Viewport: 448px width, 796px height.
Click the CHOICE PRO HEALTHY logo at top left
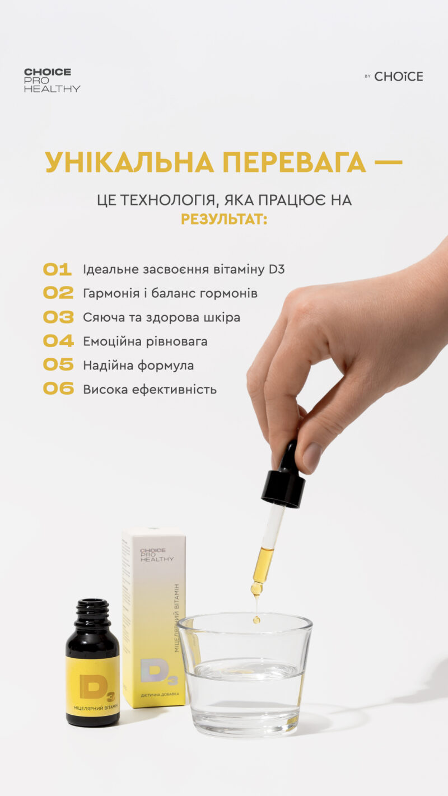(52, 80)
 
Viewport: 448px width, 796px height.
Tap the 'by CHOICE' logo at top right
(394, 76)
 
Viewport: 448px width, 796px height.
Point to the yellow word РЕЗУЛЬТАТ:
(224, 219)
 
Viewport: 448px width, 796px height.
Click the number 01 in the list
(58, 269)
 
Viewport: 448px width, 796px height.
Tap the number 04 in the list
(58, 340)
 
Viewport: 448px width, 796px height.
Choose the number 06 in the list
(58, 389)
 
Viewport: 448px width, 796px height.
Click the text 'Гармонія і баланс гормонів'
(170, 293)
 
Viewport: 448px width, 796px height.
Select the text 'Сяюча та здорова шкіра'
(161, 317)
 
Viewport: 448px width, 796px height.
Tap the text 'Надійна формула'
(138, 366)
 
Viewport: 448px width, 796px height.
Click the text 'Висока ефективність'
(150, 390)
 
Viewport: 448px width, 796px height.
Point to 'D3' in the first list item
(277, 269)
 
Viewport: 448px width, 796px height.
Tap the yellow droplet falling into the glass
(256, 619)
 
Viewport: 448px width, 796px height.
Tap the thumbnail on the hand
(312, 456)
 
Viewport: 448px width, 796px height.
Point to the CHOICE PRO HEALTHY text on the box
(156, 554)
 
